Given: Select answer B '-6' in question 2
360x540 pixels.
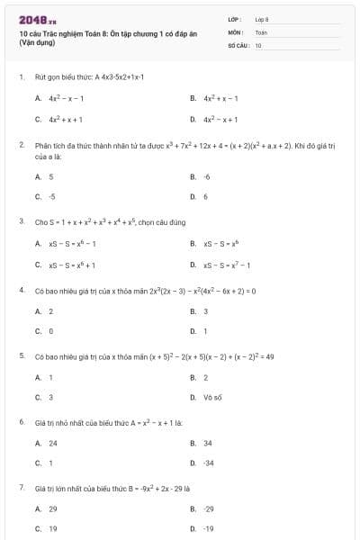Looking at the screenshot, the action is tap(206, 176).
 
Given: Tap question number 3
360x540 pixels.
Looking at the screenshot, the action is tap(22, 220).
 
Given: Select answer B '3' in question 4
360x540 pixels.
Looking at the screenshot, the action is tap(205, 311).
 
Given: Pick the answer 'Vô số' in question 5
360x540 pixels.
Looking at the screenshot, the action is tap(212, 397).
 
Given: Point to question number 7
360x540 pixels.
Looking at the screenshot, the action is tap(22, 487).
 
